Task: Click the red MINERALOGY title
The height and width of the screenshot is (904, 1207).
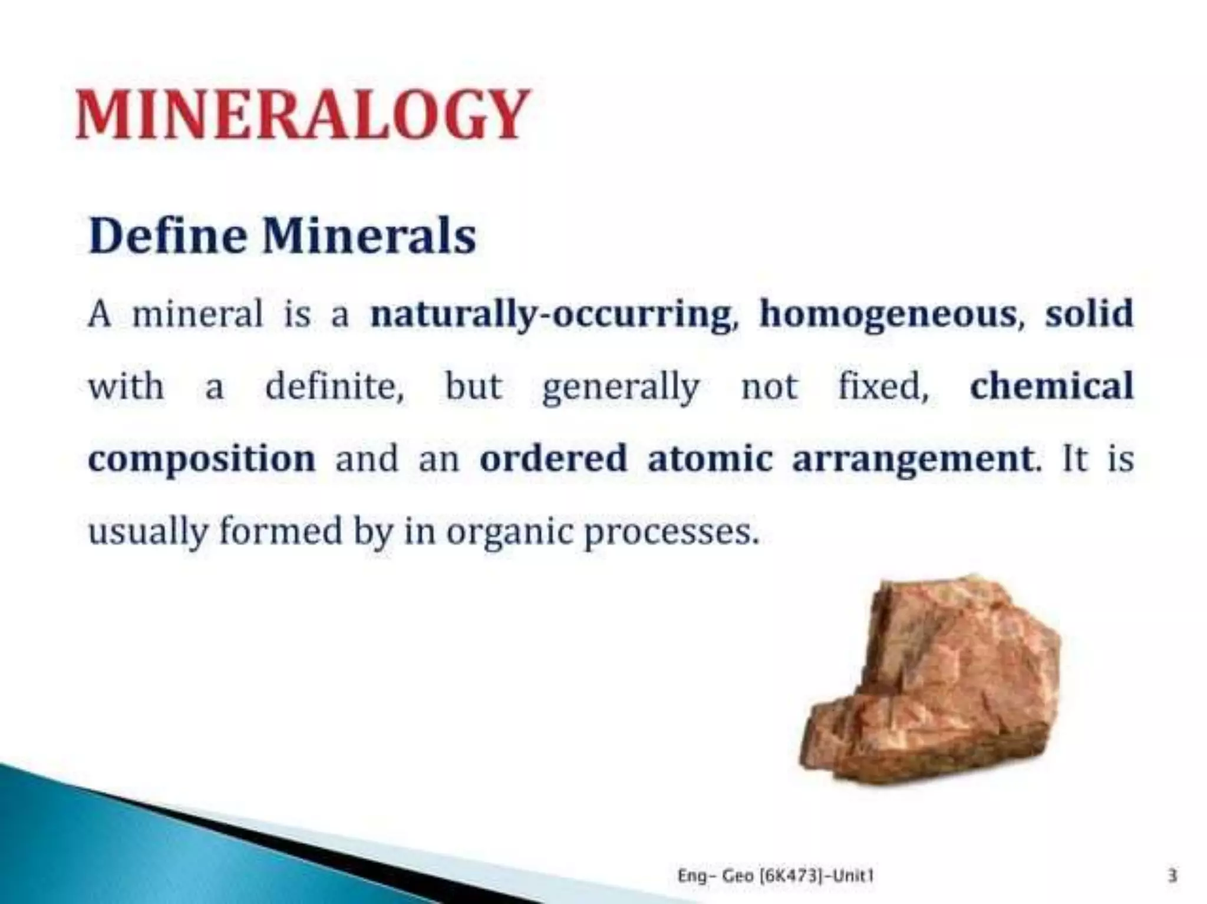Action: coord(302,114)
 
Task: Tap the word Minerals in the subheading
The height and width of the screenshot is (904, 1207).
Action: coord(369,236)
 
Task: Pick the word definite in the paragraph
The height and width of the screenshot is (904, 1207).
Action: coord(334,387)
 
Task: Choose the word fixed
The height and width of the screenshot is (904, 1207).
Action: coord(883,387)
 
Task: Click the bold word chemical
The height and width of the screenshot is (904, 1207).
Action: coord(1051,386)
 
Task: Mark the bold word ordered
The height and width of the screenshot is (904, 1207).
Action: coord(553,459)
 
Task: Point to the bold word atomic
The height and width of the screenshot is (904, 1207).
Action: coord(710,459)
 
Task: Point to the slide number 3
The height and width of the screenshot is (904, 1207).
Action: coord(1172,876)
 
